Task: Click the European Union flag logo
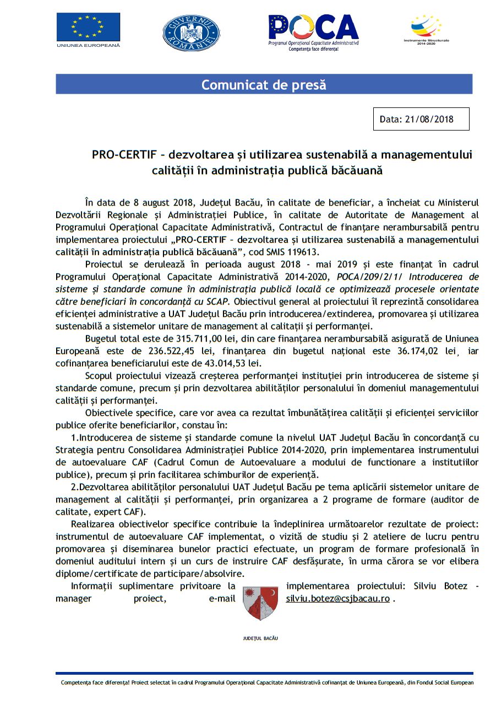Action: [88, 28]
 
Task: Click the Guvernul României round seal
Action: [191, 33]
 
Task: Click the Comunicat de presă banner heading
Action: [264, 85]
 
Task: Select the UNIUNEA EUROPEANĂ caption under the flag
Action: [88, 45]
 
